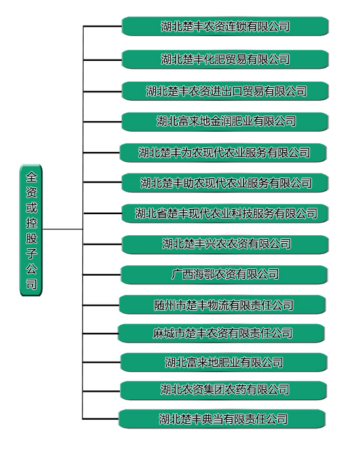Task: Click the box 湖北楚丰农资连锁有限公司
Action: (225, 26)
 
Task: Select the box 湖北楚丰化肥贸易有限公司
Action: (225, 60)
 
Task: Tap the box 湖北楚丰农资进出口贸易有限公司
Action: (225, 91)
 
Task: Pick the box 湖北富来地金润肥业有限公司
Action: (225, 122)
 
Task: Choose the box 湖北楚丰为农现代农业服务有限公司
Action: (223, 153)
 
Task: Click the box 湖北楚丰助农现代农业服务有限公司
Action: (225, 183)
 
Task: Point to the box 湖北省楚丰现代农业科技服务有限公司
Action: (225, 214)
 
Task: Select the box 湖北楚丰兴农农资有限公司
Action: (225, 244)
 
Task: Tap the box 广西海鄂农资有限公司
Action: (224, 274)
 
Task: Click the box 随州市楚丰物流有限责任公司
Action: (223, 305)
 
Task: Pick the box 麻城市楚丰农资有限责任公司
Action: (221, 333)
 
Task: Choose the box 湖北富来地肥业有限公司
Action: (224, 362)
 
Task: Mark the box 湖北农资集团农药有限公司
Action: (223, 390)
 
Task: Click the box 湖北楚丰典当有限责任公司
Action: (222, 419)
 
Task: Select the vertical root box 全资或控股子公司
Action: (31, 230)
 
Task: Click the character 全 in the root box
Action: (31, 177)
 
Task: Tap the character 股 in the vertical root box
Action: (31, 238)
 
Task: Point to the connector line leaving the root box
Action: (63, 229)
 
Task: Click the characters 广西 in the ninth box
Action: (182, 274)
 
